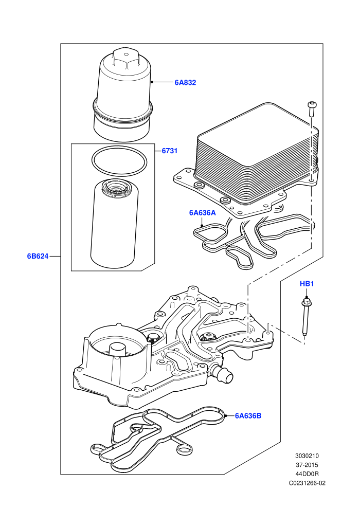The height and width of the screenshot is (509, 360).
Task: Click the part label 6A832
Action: tap(185, 82)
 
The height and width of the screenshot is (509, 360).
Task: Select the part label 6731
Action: tap(169, 151)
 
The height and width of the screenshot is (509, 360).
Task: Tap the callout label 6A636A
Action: tap(202, 213)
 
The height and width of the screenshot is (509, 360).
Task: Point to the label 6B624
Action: tap(38, 256)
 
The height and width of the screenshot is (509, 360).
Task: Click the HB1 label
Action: tap(307, 284)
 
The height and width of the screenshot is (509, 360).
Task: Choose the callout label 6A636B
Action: tap(248, 415)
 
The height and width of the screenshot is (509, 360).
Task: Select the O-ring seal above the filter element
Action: tap(118, 161)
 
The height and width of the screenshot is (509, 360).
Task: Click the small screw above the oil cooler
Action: tap(312, 109)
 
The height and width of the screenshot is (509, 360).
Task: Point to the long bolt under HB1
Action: tap(305, 317)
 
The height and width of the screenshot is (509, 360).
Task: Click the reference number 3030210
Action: tap(307, 456)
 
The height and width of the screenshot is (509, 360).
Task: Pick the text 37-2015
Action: tap(307, 465)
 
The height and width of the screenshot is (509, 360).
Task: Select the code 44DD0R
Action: tap(307, 474)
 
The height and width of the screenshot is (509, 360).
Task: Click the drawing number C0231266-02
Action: tap(307, 483)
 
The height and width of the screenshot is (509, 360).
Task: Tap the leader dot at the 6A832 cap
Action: tap(152, 82)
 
